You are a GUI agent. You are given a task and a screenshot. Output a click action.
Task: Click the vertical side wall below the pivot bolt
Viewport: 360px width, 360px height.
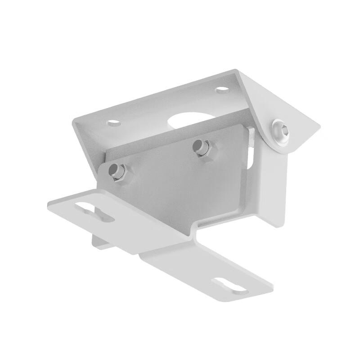click(x=272, y=189)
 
